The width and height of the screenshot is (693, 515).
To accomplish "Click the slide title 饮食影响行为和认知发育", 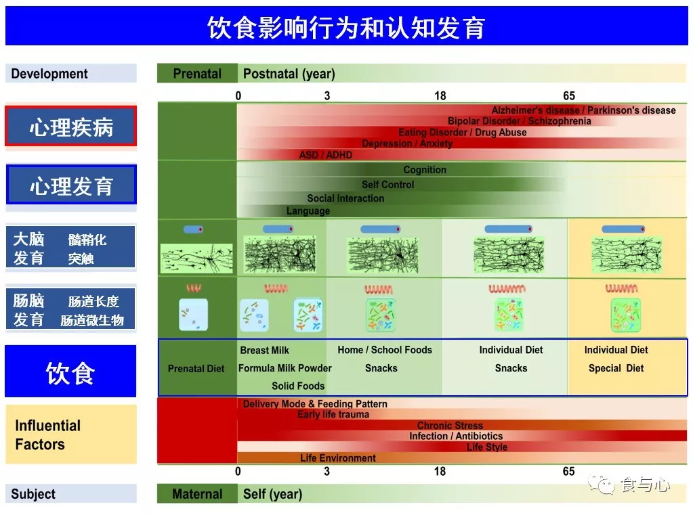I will click(346, 28).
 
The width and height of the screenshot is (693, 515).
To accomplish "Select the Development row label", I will click(49, 74).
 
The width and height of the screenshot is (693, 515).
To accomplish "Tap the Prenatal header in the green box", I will click(197, 74).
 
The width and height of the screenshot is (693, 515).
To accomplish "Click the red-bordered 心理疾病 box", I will click(71, 127).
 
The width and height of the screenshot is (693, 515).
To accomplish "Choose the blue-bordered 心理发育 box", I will click(71, 185).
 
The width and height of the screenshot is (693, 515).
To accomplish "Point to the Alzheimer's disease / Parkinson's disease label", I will click(583, 110).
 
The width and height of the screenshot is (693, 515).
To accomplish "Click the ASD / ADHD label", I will click(326, 155).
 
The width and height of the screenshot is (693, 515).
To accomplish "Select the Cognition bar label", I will click(425, 170).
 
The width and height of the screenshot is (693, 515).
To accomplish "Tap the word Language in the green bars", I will click(308, 211).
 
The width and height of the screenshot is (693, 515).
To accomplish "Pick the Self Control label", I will click(387, 184).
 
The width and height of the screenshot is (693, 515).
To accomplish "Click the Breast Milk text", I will click(264, 350).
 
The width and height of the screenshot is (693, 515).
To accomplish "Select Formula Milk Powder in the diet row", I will click(285, 368).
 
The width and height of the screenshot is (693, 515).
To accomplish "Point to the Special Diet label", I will click(616, 368).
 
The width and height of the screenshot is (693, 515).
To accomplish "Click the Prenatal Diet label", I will click(196, 369).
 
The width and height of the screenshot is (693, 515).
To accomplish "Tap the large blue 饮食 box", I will click(70, 372).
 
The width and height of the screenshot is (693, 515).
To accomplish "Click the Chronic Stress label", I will click(450, 426).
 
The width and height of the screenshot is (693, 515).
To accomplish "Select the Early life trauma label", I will click(333, 414).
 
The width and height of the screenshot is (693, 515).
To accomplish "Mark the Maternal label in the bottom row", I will click(197, 494).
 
